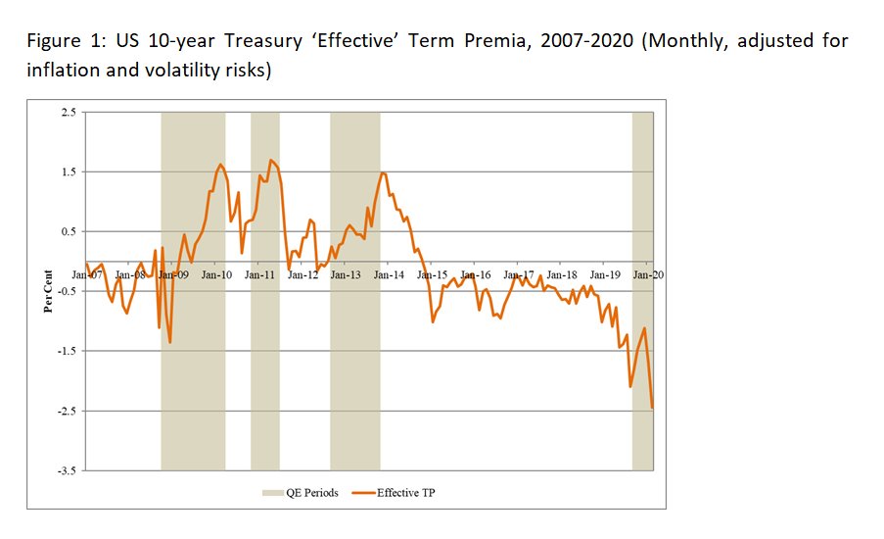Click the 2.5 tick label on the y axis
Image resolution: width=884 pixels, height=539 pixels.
(x=67, y=113)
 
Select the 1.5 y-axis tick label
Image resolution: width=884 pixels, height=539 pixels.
(x=67, y=172)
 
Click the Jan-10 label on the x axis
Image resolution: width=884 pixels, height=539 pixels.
(x=216, y=276)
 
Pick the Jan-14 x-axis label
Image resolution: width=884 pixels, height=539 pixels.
(x=390, y=276)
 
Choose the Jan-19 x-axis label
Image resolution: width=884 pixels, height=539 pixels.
(x=606, y=276)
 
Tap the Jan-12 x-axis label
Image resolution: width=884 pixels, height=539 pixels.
(x=303, y=276)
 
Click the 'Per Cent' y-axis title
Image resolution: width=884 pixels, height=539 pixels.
(x=47, y=291)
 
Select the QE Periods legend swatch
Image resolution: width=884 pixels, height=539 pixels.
(x=270, y=493)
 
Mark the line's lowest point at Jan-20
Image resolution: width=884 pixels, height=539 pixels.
(x=652, y=409)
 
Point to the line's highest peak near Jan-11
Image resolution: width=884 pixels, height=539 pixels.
(x=270, y=160)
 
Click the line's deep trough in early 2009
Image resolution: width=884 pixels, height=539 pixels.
(x=169, y=342)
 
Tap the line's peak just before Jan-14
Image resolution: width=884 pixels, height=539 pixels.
(x=382, y=173)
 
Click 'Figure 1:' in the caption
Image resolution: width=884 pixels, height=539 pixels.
(x=60, y=42)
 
